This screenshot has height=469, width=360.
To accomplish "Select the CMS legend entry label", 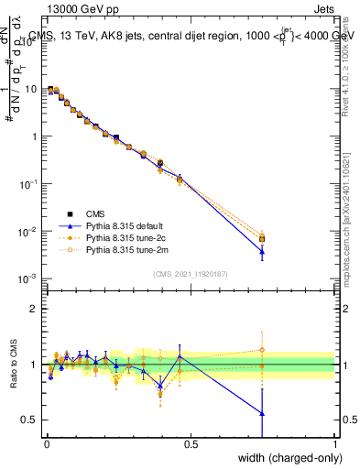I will (x=97, y=213).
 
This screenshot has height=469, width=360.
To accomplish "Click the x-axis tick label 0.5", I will (x=191, y=444).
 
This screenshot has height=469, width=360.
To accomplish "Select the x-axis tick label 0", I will (x=46, y=444).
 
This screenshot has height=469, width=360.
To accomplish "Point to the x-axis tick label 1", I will (x=335, y=444).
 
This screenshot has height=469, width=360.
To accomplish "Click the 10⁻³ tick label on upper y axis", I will (x=27, y=278).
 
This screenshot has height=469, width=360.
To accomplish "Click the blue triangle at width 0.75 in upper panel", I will (x=262, y=251).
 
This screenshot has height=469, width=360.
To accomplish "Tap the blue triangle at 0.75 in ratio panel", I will (x=262, y=413).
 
